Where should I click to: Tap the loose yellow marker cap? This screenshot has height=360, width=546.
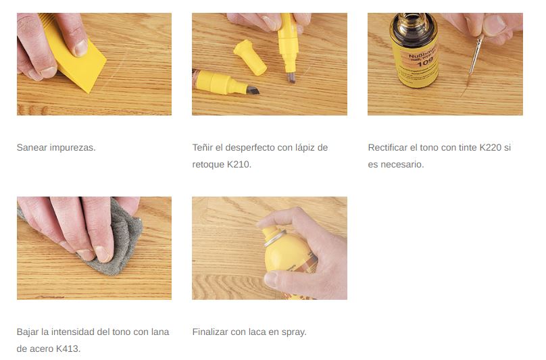(x=249, y=57)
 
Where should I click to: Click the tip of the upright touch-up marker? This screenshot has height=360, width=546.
(x=291, y=77)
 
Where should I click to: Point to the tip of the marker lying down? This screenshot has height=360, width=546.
(x=253, y=91)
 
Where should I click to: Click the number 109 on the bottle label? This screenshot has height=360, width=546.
(x=425, y=63)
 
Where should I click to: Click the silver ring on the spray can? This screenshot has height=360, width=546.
(x=275, y=237)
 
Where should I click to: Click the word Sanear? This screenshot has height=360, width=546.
(x=32, y=148)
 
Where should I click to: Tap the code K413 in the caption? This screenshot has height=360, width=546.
(x=68, y=349)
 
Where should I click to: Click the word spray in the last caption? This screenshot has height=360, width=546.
(x=293, y=332)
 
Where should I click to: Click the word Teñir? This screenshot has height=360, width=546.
(x=203, y=148)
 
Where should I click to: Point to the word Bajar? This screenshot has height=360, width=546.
(x=28, y=332)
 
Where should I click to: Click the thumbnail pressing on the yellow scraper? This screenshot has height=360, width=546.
(x=80, y=48)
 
